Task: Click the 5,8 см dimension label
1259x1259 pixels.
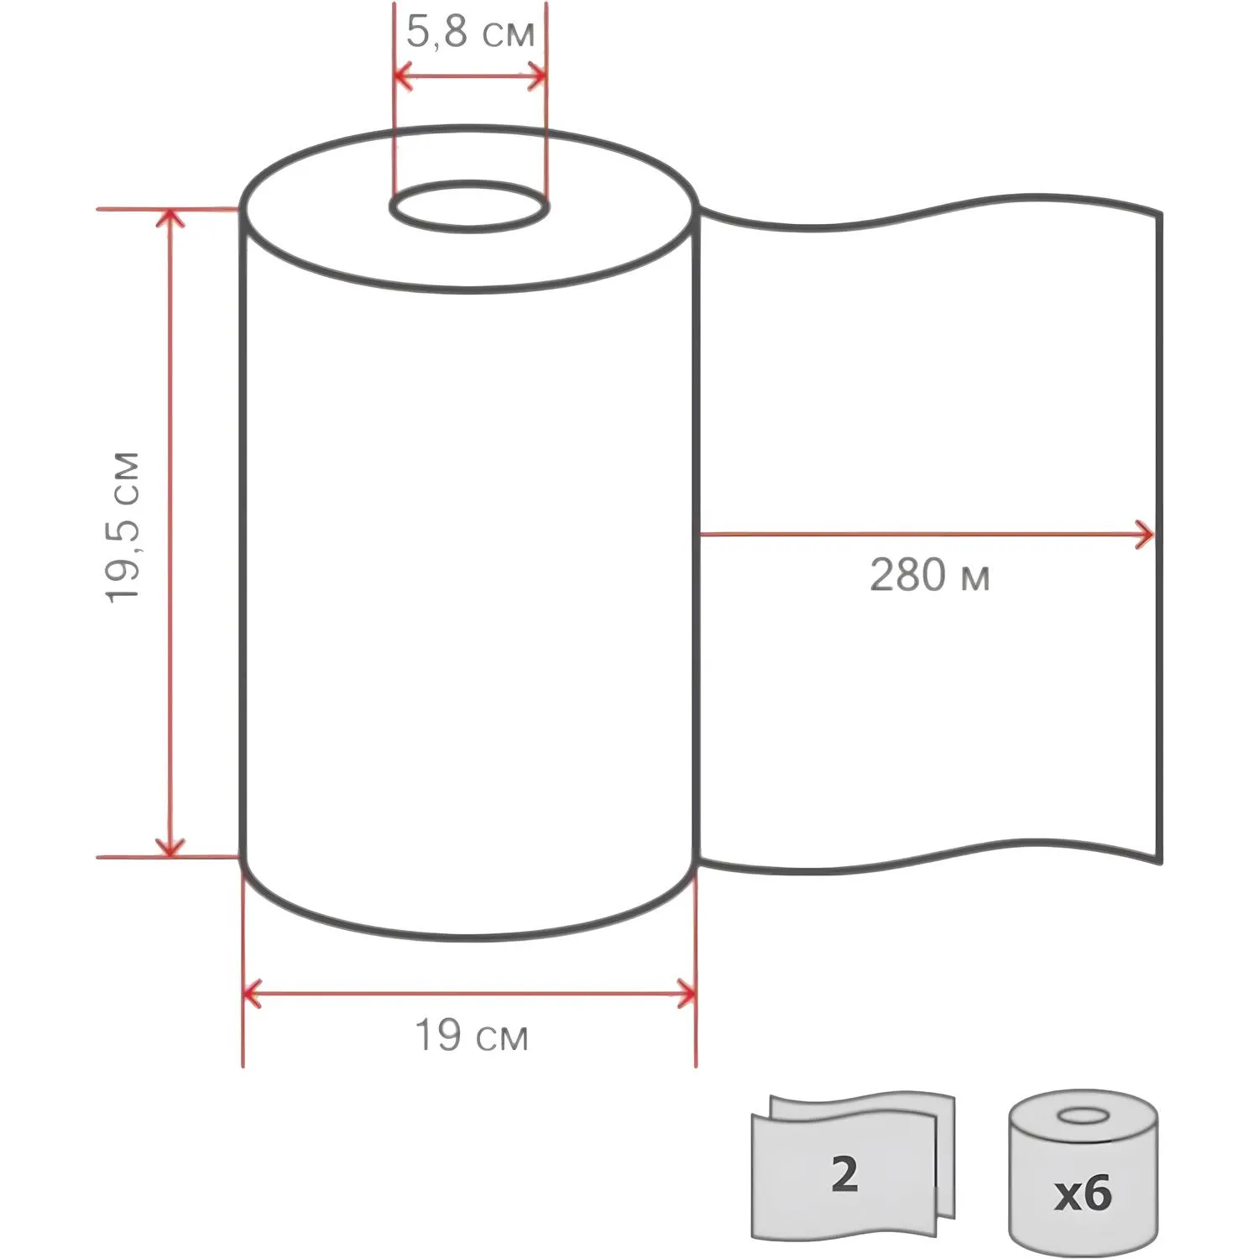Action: coord(470,34)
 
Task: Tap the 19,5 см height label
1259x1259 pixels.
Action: coord(123,527)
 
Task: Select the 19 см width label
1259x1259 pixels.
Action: coord(472,1036)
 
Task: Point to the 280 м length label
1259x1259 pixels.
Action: coord(929,576)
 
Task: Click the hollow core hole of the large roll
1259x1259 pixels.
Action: coord(469,206)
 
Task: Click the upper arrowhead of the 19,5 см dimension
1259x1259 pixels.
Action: coord(170,218)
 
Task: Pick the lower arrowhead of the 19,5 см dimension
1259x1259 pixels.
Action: coord(170,847)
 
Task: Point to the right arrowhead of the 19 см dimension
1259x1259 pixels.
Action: coord(686,994)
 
